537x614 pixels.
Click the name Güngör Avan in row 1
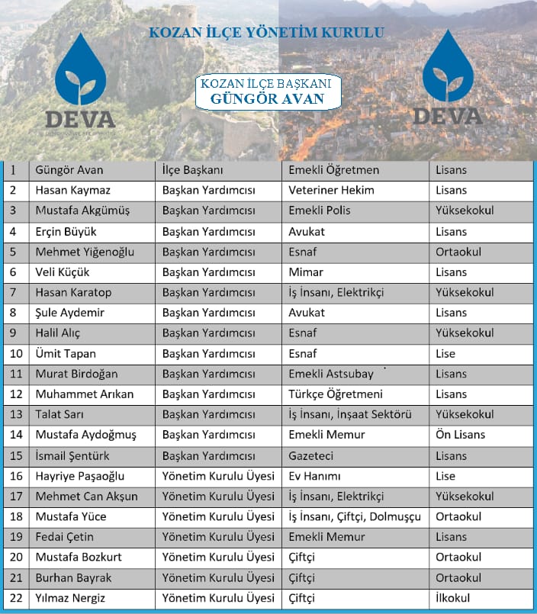[x=69, y=170]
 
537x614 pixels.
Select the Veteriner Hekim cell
[x=331, y=191]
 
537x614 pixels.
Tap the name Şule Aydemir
[x=69, y=313]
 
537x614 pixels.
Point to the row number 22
[x=14, y=599]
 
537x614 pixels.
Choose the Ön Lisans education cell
[x=460, y=436]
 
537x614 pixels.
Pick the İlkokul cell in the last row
[x=452, y=599]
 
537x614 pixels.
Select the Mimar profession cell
[x=306, y=272]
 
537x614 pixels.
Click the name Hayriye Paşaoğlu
[x=79, y=477]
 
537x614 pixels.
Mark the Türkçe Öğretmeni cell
[x=336, y=395]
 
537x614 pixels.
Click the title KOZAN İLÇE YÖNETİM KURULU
[x=266, y=34]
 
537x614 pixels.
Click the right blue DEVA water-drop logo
[x=448, y=67]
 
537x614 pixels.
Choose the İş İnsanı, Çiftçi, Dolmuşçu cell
[x=355, y=517]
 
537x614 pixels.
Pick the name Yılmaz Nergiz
[x=70, y=599]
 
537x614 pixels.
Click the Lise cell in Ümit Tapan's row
[x=445, y=354]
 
